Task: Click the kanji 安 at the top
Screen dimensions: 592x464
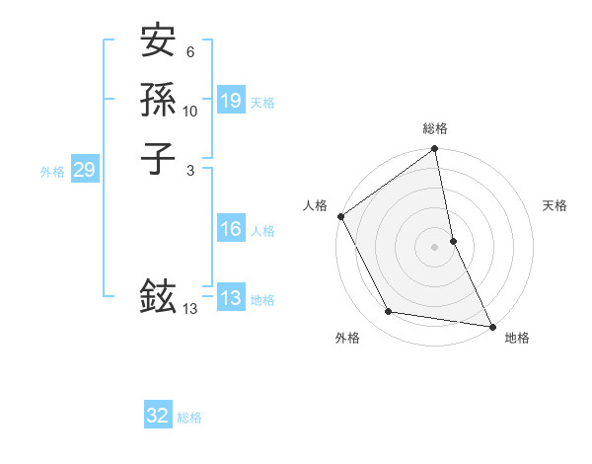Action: (x=158, y=41)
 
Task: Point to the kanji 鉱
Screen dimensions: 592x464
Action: (x=158, y=296)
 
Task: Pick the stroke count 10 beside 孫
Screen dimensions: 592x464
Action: (x=190, y=112)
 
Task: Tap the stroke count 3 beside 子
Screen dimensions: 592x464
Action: (x=191, y=170)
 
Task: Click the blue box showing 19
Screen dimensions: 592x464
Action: (x=231, y=101)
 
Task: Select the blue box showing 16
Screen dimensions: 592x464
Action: (x=231, y=229)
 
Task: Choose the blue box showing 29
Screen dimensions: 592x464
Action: (x=85, y=170)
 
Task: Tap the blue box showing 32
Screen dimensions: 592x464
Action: (x=158, y=416)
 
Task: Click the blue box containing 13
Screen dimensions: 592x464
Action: (x=231, y=298)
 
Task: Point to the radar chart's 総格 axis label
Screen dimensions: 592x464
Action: (x=435, y=128)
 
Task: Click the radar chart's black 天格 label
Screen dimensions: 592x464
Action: (x=555, y=205)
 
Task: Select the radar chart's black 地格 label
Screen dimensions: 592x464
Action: (x=517, y=338)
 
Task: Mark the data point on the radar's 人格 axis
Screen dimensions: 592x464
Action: (x=340, y=216)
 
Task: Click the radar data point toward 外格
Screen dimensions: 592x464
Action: (x=389, y=312)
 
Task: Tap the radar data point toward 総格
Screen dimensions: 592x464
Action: (x=435, y=150)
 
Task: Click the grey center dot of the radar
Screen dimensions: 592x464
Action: (x=435, y=247)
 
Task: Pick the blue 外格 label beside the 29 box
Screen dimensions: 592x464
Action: (x=52, y=171)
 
